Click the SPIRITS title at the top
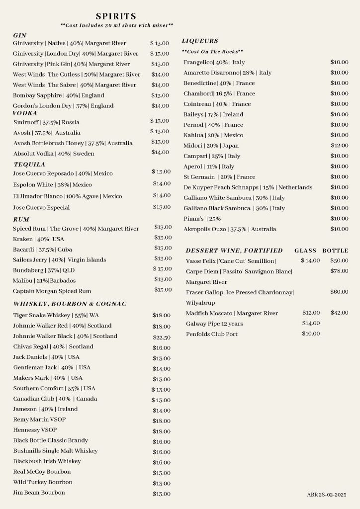pyautogui.click(x=116, y=17)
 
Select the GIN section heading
pyautogui.click(x=20, y=35)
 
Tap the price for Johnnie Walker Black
pyautogui.click(x=162, y=337)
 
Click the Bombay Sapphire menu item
pyautogui.click(x=59, y=95)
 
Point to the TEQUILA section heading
pyautogui.click(x=29, y=164)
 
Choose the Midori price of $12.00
pyautogui.click(x=340, y=146)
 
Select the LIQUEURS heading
pyautogui.click(x=200, y=41)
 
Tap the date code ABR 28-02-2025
pyautogui.click(x=327, y=495)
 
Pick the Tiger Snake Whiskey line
pyautogui.click(x=56, y=315)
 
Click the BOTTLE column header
pyautogui.click(x=335, y=251)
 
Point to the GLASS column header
pyautogui.click(x=305, y=251)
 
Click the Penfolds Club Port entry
pyautogui.click(x=212, y=334)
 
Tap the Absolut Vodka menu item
pyautogui.click(x=54, y=154)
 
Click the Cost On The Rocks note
pyautogui.click(x=212, y=52)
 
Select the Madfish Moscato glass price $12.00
pyautogui.click(x=311, y=313)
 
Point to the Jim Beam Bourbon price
pyautogui.click(x=162, y=494)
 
